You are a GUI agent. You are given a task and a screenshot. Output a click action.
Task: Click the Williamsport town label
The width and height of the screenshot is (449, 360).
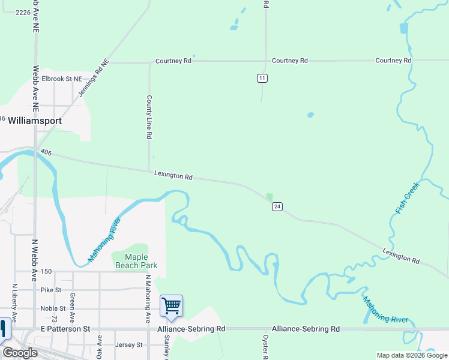click(x=35, y=120)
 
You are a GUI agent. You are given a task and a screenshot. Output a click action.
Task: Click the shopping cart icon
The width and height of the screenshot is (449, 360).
click(x=172, y=306)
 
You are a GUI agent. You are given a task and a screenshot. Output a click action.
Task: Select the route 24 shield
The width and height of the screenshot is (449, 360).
click(x=277, y=206)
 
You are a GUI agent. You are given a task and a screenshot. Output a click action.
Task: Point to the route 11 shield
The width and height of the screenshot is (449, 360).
click(x=262, y=78)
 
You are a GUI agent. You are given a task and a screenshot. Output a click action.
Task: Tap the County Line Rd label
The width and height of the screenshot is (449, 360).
click(x=149, y=117)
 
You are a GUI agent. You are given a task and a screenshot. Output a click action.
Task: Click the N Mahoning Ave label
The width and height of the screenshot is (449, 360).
click(x=148, y=300)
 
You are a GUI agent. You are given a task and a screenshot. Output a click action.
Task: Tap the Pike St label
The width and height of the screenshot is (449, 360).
click(x=51, y=290)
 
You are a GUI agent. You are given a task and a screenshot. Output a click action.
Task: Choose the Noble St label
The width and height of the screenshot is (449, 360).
click(x=53, y=308)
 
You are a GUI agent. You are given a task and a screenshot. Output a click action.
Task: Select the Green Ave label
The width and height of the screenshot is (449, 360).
click(x=72, y=307)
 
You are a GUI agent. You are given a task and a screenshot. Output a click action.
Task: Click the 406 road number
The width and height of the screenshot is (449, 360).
click(x=47, y=154)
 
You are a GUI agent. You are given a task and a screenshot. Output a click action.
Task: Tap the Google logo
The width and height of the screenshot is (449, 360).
click(x=20, y=353)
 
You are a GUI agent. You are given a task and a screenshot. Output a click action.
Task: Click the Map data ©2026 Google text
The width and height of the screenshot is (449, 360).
click(x=411, y=355)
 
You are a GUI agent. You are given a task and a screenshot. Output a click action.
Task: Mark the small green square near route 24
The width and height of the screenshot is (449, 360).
click(x=270, y=197)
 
